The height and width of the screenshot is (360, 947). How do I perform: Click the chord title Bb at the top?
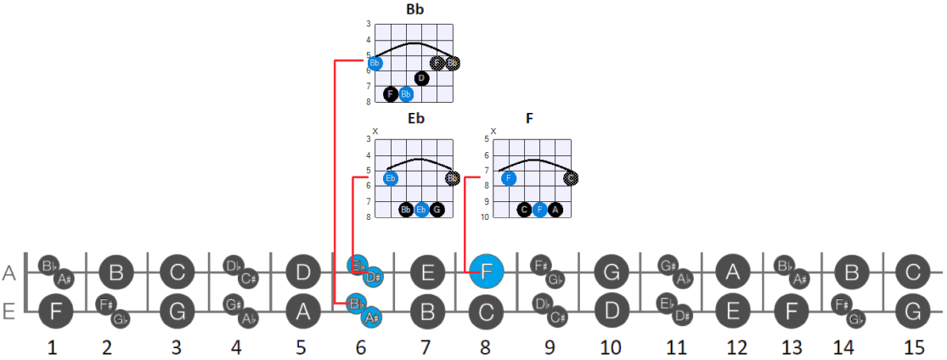point(415,10)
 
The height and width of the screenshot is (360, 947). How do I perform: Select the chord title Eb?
point(415,118)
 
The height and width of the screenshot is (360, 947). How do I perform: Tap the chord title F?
point(529,118)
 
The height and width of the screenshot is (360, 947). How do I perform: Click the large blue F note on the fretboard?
point(487,273)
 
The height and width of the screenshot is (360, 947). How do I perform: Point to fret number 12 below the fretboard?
point(737,347)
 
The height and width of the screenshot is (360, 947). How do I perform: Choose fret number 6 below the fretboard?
point(362,347)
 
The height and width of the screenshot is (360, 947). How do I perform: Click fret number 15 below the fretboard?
point(913,347)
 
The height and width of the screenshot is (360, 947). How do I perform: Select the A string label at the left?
point(10,273)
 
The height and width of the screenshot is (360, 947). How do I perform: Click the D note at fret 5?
point(302,273)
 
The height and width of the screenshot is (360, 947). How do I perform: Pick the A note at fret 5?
point(302,311)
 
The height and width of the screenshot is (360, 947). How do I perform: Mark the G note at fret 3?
point(177,311)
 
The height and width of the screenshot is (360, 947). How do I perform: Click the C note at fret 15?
point(913,273)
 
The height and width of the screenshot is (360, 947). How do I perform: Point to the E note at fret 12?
point(731,311)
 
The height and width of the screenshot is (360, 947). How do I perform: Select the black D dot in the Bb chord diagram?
point(422,78)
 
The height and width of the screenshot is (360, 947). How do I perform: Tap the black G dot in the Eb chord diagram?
point(437,210)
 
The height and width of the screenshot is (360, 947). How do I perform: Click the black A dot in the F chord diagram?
point(555,210)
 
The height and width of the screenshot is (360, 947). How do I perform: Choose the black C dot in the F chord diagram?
point(524,210)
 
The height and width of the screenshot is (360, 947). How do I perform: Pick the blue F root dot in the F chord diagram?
point(509,178)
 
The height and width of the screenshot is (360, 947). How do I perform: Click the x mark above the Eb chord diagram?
point(375,130)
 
